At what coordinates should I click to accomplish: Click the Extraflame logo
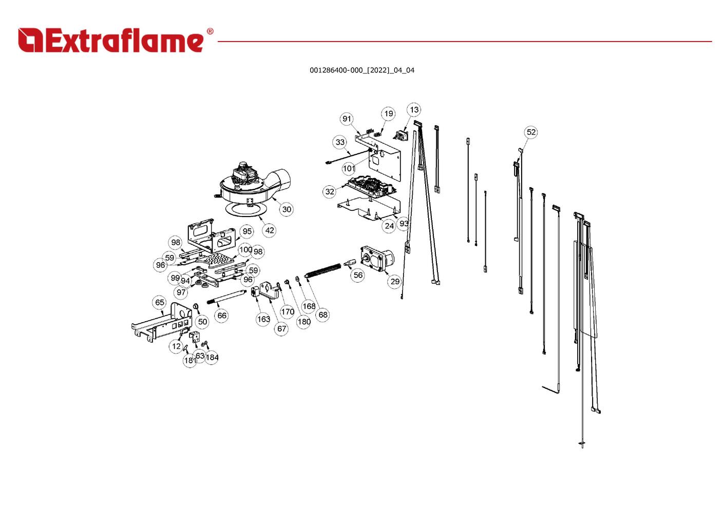[116, 40]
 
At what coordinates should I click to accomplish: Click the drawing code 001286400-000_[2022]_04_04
[361, 70]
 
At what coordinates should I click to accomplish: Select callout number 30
[287, 209]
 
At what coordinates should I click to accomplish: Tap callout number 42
[269, 230]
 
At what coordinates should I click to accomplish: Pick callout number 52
[531, 132]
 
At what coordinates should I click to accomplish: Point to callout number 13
[414, 110]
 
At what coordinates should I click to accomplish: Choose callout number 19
[388, 114]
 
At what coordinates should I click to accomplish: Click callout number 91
[347, 119]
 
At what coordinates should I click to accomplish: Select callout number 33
[340, 142]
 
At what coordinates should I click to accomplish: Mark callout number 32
[329, 191]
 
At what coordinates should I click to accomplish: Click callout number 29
[395, 281]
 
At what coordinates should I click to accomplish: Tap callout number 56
[358, 275]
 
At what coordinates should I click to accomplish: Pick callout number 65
[160, 302]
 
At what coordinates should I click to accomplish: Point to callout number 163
[263, 319]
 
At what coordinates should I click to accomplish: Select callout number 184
[212, 357]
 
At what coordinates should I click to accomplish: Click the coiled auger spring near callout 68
[323, 270]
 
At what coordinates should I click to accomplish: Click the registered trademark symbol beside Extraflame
[210, 31]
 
